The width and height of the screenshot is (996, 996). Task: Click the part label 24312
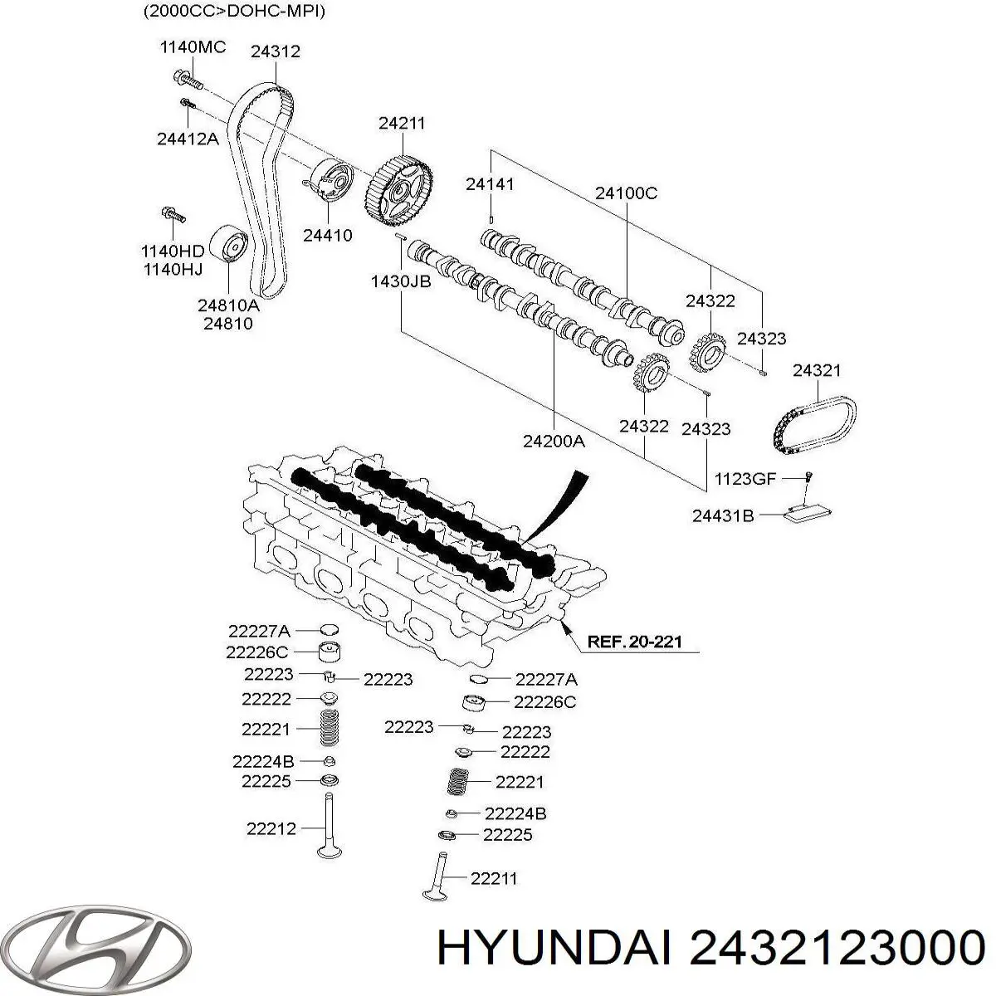coord(276,51)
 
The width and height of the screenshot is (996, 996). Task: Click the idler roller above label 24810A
coord(229,246)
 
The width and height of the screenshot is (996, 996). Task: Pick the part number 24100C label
coord(626,193)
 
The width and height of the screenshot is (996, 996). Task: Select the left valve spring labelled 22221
coord(330,729)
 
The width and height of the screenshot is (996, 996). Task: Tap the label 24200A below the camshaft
coord(554,442)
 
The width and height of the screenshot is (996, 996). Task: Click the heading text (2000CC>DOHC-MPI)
coord(233,11)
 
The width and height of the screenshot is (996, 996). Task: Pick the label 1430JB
coord(400,281)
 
